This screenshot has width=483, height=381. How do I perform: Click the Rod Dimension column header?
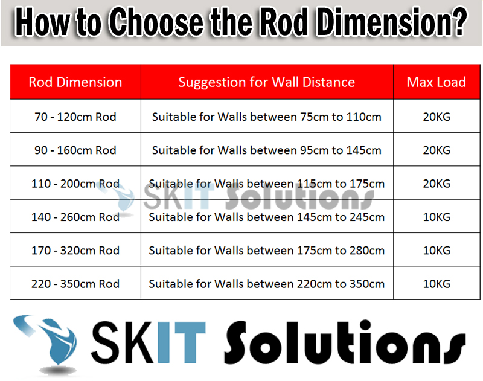click(75, 82)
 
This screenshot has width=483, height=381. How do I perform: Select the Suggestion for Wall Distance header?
click(267, 82)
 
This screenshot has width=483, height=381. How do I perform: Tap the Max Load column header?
click(437, 82)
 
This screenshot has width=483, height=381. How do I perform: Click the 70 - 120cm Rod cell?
click(75, 117)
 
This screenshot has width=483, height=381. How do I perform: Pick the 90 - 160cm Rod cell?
click(75, 150)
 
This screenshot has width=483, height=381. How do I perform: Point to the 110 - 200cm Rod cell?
click(75, 184)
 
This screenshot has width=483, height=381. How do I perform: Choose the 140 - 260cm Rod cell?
click(75, 217)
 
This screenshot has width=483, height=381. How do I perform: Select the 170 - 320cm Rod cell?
click(75, 250)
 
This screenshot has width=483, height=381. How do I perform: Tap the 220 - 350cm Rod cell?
click(75, 283)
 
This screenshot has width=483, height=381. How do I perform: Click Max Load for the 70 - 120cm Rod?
click(437, 117)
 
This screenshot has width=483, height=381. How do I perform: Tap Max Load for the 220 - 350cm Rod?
click(437, 283)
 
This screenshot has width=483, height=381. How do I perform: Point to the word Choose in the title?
click(156, 22)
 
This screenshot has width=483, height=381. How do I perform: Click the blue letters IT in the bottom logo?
click(181, 342)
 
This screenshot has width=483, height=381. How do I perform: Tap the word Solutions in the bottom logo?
click(344, 342)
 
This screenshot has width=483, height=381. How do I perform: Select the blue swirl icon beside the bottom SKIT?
click(50, 342)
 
